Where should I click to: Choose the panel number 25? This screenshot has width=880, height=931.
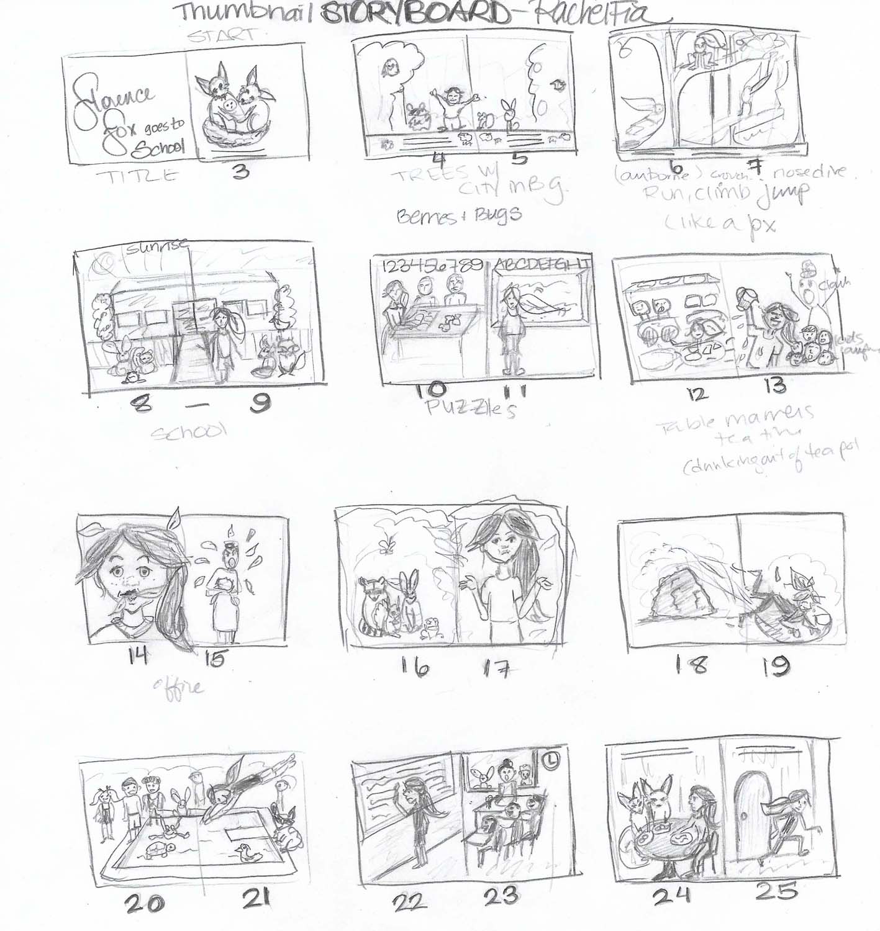tap(777, 893)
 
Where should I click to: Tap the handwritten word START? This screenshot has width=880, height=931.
tap(220, 37)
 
